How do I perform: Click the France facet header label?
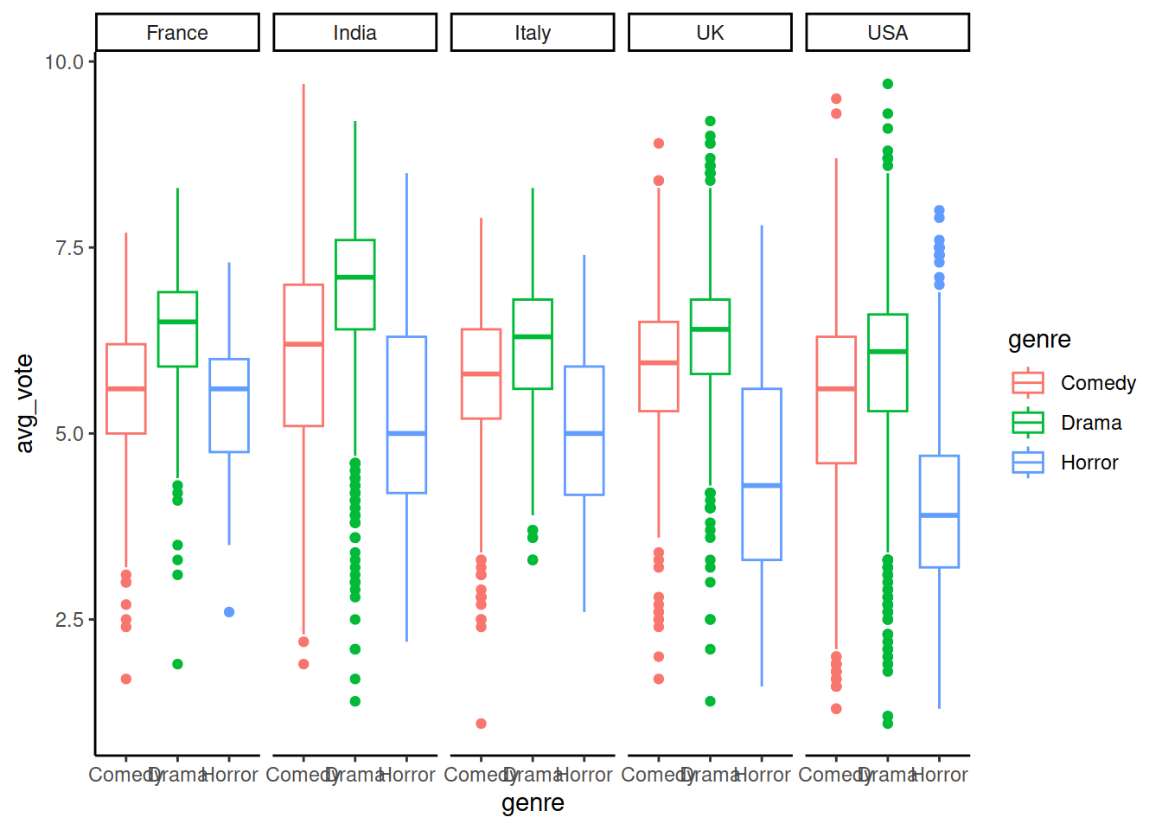[177, 33]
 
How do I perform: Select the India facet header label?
[354, 33]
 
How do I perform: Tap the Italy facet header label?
[533, 33]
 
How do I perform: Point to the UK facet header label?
[710, 33]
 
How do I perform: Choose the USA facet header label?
[887, 33]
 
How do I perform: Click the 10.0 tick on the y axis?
[64, 62]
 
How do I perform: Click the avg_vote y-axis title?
[25, 404]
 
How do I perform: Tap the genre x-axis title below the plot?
[533, 803]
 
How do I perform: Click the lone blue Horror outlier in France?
[229, 612]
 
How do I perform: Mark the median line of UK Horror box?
[762, 486]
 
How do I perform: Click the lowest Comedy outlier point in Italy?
[481, 724]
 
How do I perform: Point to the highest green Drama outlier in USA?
[887, 84]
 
